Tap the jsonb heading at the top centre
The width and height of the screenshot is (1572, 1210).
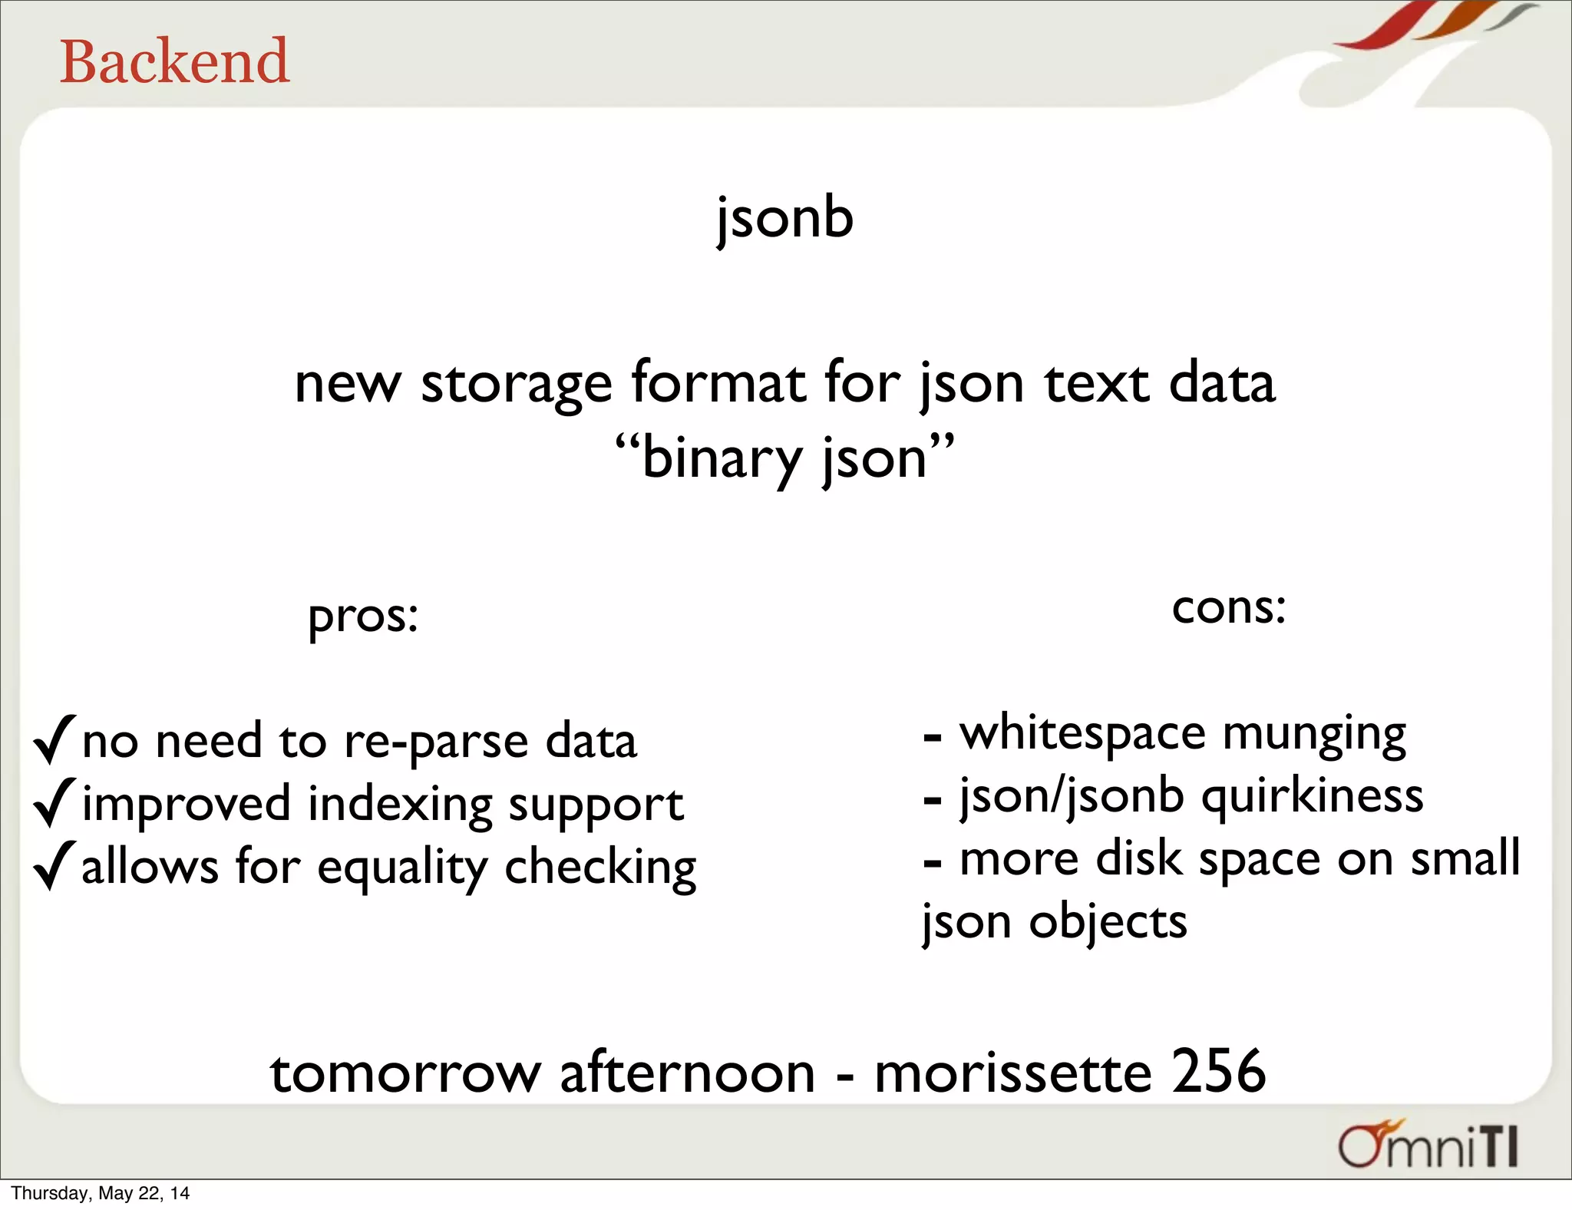point(784,218)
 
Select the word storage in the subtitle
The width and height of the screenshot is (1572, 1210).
point(516,383)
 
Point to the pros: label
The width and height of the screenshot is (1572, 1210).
point(363,617)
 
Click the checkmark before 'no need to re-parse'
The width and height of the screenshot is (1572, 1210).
point(54,739)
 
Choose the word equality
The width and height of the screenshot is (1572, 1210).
point(401,868)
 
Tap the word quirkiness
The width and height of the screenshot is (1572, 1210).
point(1312,796)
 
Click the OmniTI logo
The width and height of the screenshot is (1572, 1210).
point(1428,1145)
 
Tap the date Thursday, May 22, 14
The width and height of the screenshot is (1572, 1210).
point(101,1193)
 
